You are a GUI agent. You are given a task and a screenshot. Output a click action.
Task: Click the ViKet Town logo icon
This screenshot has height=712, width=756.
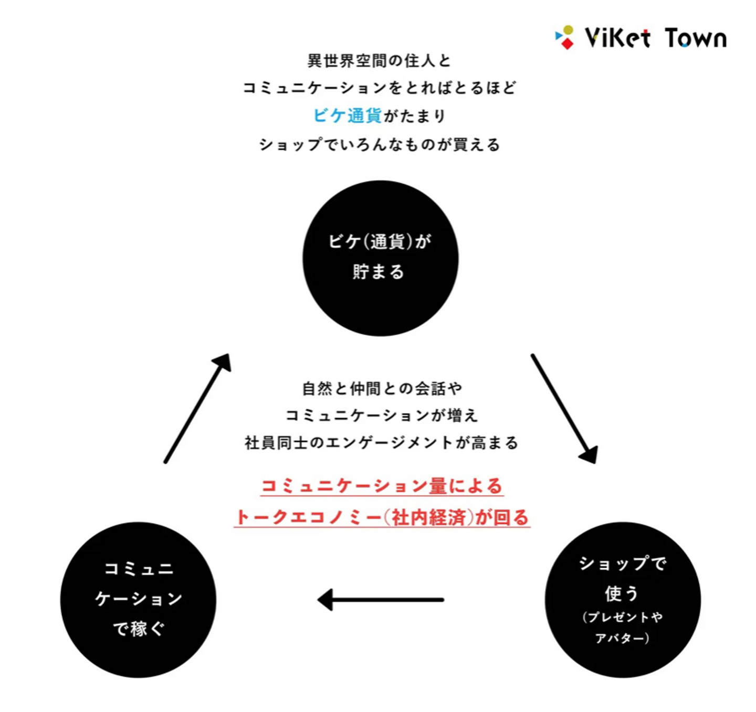565,37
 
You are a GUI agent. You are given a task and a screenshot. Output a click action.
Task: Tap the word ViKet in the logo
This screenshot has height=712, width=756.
617,38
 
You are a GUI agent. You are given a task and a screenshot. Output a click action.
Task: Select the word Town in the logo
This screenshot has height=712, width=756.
696,38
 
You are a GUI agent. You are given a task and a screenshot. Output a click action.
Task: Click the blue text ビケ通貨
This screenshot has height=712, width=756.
348,115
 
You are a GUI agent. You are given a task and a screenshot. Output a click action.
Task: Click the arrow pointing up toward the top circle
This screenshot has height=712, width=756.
197,408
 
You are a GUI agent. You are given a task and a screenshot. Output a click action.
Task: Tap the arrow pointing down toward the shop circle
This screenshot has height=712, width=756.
564,408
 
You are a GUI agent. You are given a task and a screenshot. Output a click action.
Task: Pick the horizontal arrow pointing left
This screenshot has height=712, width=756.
381,599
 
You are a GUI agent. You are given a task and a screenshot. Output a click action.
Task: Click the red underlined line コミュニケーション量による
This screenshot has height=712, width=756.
382,486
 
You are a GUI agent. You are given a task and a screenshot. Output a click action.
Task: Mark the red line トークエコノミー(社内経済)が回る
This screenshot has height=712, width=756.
382,517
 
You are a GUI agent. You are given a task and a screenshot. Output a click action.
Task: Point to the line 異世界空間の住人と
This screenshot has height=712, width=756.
379,61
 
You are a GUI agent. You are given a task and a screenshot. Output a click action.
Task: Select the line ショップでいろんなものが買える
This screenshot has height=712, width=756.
379,144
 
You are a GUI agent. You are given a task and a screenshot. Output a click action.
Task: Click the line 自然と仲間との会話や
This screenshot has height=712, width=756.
382,388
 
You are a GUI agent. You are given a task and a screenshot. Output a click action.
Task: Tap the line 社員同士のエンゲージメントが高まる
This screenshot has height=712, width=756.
382,443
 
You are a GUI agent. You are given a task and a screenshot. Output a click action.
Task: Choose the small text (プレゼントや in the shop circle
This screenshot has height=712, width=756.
623,617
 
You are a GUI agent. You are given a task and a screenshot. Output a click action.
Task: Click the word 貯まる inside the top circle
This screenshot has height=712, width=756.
379,272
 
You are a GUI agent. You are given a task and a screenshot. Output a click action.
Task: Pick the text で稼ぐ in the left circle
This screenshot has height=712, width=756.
139,628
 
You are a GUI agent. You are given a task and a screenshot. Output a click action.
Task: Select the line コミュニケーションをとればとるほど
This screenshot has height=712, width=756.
379,88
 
